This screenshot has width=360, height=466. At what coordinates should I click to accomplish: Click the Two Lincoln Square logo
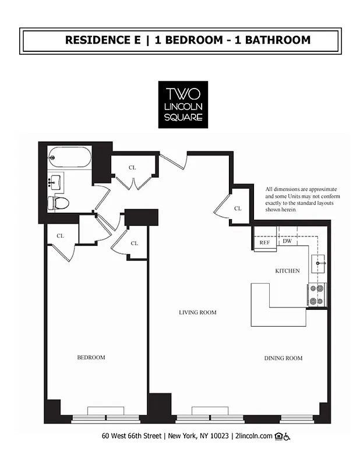183,104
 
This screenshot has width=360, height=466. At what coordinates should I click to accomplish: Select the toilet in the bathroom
58,203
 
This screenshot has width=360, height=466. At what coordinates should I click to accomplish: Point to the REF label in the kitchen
264,242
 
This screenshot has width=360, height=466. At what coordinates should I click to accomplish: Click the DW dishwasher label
287,241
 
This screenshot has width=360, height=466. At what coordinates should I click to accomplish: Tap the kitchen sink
319,263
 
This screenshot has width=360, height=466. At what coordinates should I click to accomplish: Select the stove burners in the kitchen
317,295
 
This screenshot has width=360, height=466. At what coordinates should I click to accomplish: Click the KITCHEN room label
287,271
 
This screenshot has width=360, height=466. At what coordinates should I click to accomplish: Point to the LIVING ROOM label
197,313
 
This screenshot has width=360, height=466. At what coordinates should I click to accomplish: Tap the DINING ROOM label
284,358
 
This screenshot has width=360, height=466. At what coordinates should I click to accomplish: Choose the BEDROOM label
91,357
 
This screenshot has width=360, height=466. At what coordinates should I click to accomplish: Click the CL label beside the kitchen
237,208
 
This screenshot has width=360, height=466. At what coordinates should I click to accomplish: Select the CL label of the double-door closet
133,167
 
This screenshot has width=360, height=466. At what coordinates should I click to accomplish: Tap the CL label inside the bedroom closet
60,236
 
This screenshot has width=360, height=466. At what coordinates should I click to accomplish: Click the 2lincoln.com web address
253,436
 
